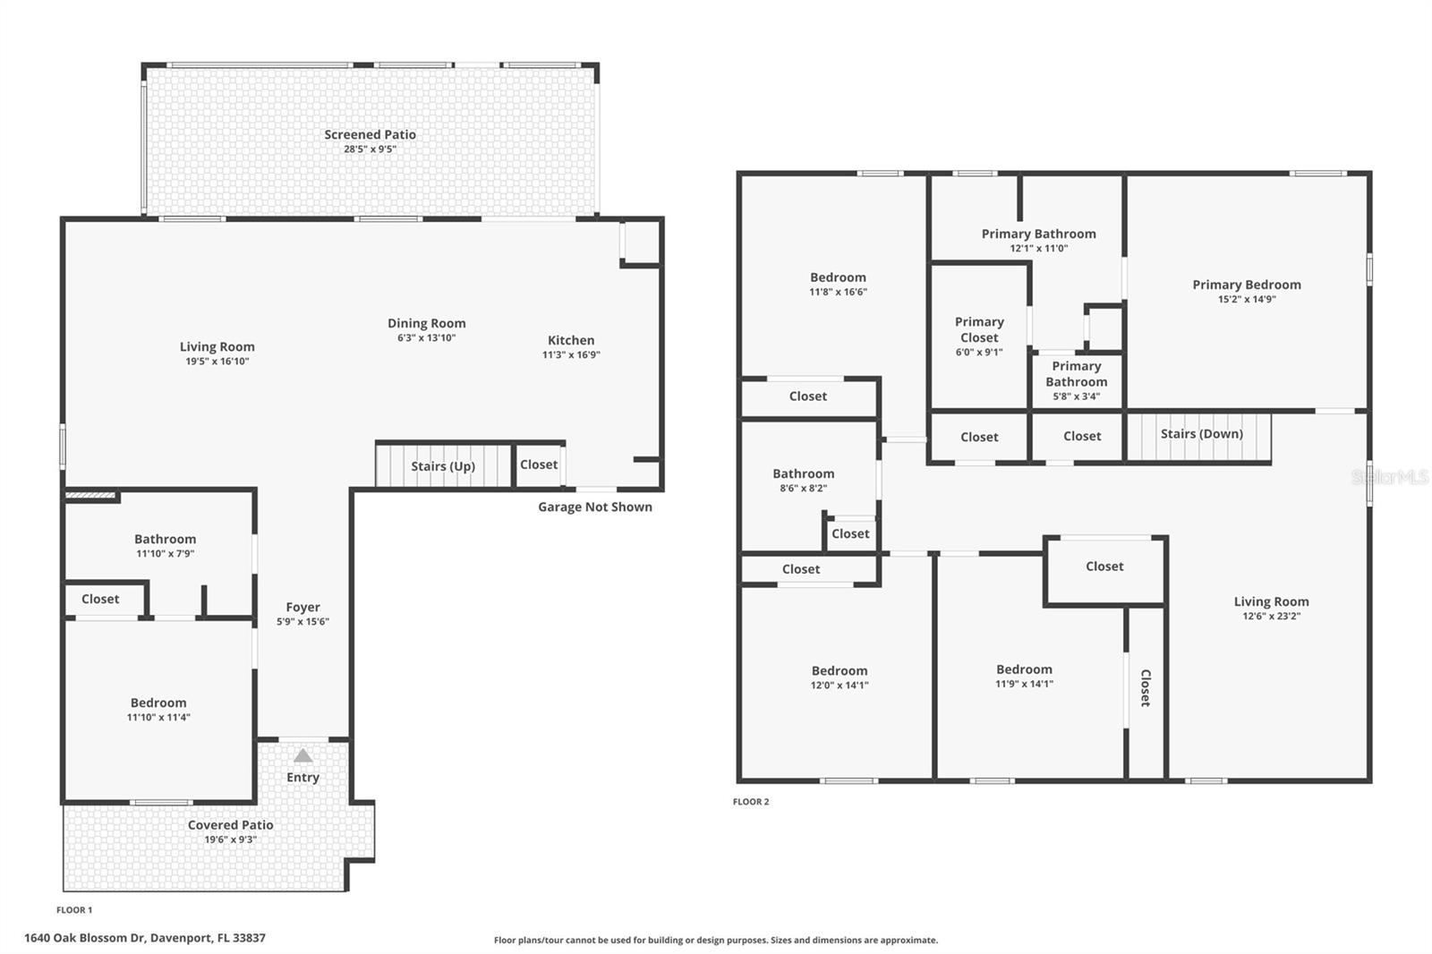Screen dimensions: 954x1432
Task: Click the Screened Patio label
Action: [x=370, y=135]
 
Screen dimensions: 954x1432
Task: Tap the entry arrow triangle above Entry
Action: [x=303, y=755]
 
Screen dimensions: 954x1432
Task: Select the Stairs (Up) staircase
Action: [x=442, y=466]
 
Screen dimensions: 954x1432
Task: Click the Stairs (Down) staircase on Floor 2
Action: [x=1200, y=434]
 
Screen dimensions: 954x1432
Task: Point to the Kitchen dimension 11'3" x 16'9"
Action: [x=571, y=355]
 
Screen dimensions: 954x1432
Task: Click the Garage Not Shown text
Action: [x=594, y=507]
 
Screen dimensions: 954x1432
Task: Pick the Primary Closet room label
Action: [x=979, y=329]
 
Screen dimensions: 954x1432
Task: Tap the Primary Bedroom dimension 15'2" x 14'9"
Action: [x=1246, y=300]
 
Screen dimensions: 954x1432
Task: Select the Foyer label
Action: [x=303, y=608]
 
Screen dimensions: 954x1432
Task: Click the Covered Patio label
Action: [x=230, y=825]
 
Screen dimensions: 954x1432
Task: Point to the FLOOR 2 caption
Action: [x=750, y=802]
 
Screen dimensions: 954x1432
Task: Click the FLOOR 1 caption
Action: [x=74, y=910]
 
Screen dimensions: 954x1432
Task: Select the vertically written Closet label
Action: [x=1146, y=687]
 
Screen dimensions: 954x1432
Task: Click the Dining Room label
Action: [x=426, y=324]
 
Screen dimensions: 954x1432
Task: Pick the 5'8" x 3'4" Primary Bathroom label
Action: [x=1076, y=380]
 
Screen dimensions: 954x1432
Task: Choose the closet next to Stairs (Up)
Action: [x=539, y=464]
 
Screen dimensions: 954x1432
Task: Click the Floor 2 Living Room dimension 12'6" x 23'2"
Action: [x=1271, y=617]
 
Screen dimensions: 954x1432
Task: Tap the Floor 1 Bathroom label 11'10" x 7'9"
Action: [x=165, y=540]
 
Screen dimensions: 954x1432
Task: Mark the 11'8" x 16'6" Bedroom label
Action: [x=838, y=278]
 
